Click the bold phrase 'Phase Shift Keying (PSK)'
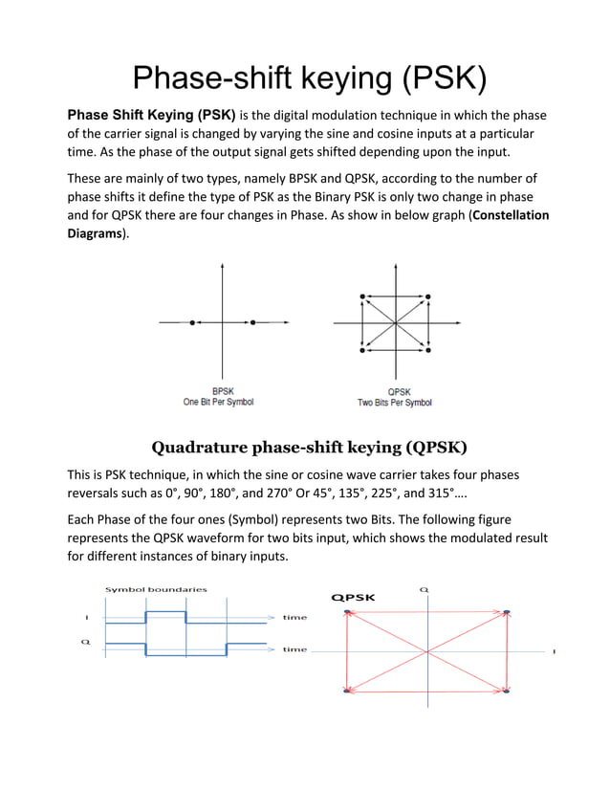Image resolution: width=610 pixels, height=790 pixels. tap(151, 116)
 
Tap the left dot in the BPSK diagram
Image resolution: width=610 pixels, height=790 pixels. tap(192, 323)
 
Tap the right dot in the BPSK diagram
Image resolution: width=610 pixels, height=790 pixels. tap(252, 323)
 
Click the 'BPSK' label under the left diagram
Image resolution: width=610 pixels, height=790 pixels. tap(223, 391)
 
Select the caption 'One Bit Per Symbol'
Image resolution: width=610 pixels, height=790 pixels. tap(218, 403)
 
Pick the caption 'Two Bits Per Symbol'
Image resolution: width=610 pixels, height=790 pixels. tap(394, 403)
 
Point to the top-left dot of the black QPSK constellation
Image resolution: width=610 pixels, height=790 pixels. tap(361, 297)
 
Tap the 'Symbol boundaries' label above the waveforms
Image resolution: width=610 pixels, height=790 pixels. tap(156, 589)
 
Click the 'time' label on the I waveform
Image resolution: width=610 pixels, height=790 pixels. tap(294, 618)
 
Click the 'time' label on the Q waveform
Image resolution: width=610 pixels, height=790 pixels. tap(294, 650)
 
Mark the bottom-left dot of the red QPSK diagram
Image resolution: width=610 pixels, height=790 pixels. tap(345, 690)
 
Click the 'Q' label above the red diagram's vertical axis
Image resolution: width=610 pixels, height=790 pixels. tap(424, 589)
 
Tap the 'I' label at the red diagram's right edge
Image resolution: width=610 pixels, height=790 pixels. tap(554, 652)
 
